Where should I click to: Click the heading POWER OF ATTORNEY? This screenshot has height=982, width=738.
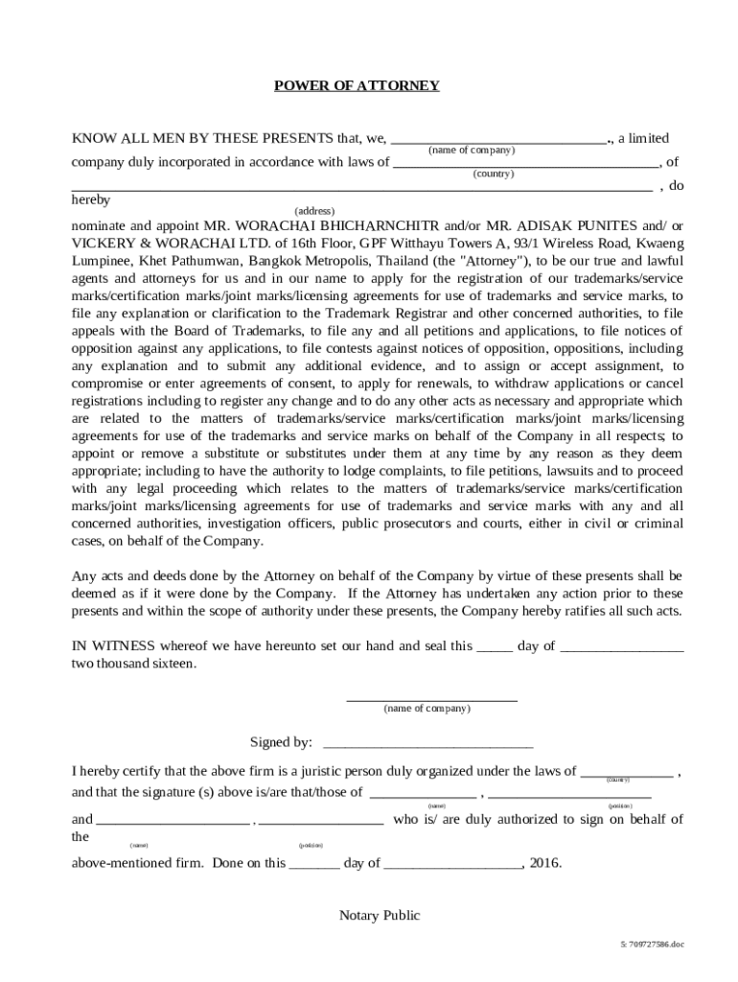(357, 85)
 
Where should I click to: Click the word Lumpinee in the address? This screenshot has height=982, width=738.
(101, 261)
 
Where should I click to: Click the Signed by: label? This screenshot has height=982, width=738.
(281, 742)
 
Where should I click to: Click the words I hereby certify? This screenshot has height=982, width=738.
(124, 771)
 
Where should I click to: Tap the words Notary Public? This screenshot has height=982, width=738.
(380, 915)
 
